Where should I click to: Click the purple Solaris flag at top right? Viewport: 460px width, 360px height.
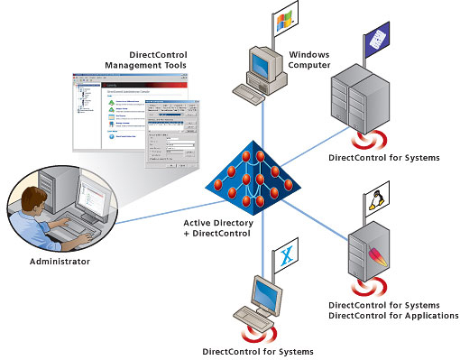377,36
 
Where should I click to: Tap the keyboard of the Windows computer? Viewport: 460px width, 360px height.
252,91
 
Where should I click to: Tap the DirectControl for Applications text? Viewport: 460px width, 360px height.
393,315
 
